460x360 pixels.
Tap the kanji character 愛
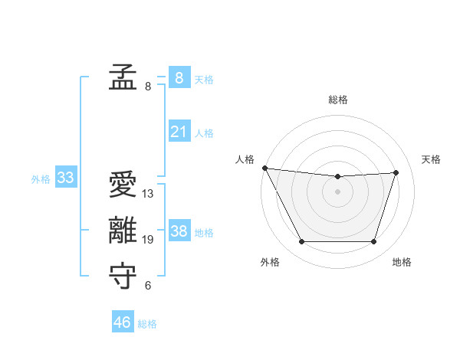coord(123,185)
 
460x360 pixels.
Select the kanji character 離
coord(123,231)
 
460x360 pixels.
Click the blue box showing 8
coord(179,77)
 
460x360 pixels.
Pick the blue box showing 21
coord(179,132)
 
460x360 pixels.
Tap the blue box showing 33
coord(65,178)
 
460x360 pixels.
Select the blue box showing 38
coord(179,231)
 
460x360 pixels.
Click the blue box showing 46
coord(122,322)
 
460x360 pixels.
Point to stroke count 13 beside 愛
coord(148,194)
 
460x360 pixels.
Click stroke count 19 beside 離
coord(148,240)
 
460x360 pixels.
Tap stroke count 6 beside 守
coord(148,286)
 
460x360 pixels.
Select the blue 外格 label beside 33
coord(41,179)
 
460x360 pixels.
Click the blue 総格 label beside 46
coord(147,324)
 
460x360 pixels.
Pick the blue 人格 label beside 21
coord(204,133)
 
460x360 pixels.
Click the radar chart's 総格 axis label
coord(338,100)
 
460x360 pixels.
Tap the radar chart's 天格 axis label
coord(432,159)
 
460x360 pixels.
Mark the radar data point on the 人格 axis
coord(264,168)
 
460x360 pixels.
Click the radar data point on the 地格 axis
coord(374,242)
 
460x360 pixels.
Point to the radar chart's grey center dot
coord(338,191)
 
